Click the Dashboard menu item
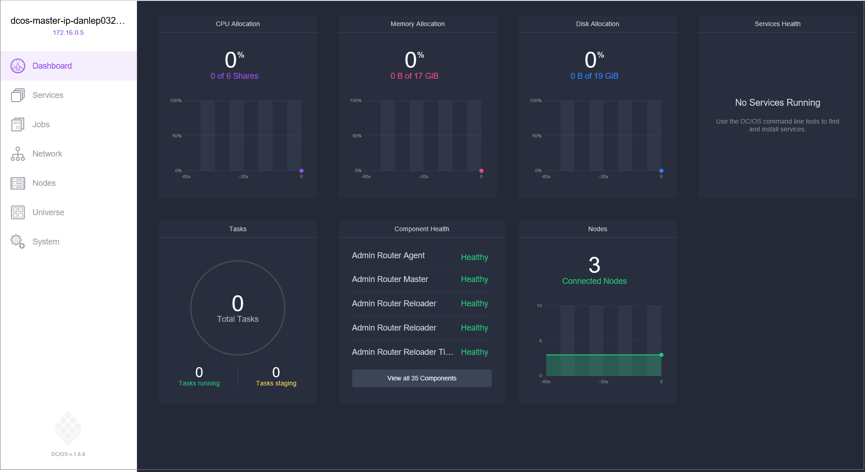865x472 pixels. point(52,66)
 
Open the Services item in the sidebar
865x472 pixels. point(48,95)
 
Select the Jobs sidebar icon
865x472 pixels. point(18,125)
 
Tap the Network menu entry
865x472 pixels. point(47,154)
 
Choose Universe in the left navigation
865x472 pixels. point(48,212)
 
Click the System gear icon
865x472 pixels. point(18,242)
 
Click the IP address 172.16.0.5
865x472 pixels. point(68,33)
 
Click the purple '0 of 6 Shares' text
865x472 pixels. point(234,76)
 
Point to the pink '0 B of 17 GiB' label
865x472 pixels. point(414,76)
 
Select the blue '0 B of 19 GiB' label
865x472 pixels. point(594,76)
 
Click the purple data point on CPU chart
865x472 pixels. point(301,171)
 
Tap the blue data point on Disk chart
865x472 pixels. point(661,171)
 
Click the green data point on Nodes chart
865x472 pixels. point(661,355)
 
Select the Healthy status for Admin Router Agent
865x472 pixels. point(474,257)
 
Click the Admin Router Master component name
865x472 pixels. point(390,279)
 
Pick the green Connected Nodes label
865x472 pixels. point(594,281)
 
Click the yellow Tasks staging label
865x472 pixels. point(276,383)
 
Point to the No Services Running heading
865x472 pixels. point(777,103)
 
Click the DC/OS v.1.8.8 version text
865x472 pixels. point(68,454)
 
